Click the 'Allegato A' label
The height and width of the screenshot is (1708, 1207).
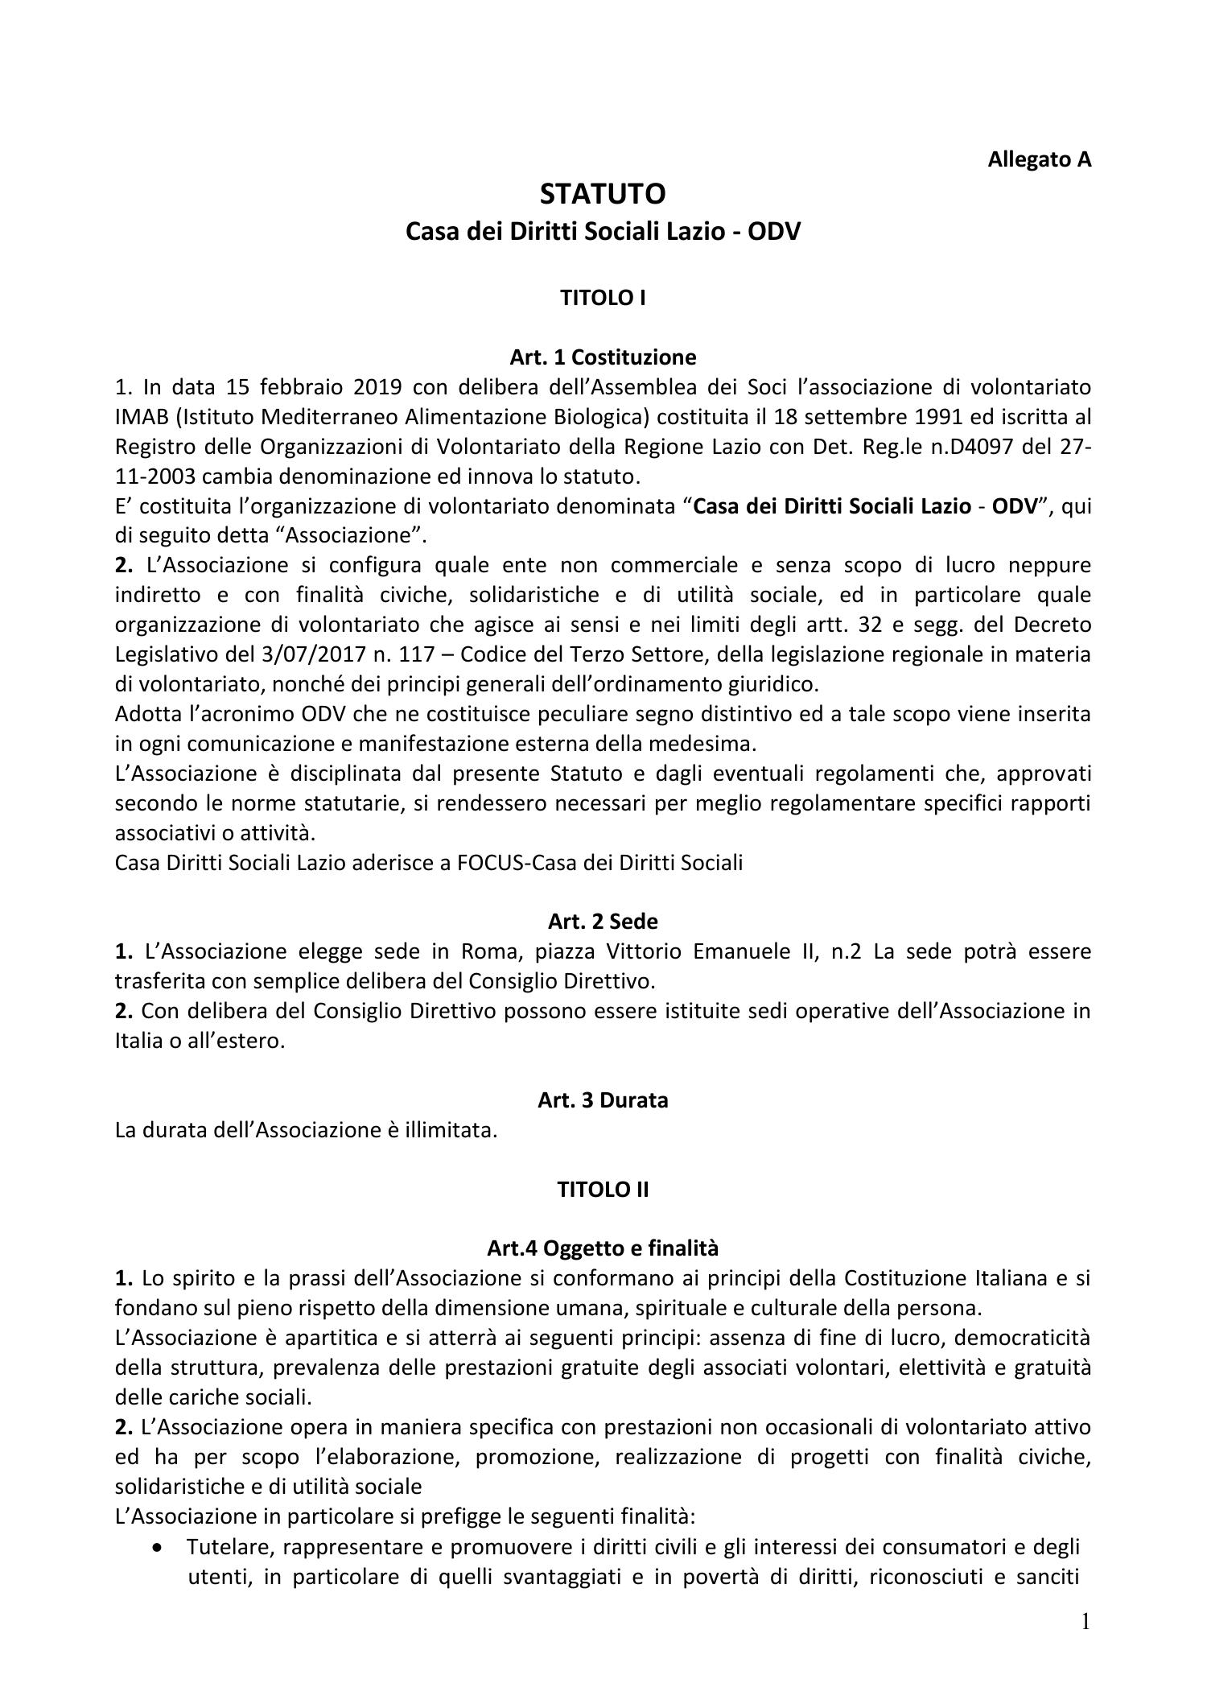(1039, 159)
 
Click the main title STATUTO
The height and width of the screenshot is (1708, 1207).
(603, 194)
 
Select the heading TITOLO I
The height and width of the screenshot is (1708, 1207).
(603, 298)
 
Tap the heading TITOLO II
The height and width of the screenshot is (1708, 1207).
(603, 1189)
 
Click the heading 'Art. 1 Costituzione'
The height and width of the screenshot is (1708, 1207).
(603, 356)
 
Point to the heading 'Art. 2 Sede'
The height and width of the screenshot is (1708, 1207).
(603, 921)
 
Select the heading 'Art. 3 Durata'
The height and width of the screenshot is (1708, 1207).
(603, 1099)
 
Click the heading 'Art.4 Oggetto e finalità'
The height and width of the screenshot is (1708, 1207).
(603, 1248)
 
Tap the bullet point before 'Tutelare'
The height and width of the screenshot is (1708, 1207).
(166, 1548)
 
